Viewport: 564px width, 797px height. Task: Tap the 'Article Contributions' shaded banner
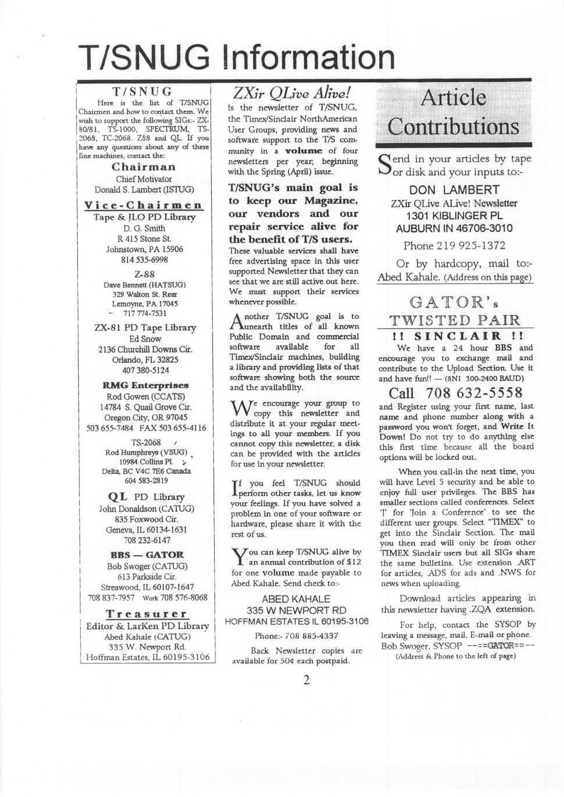(453, 112)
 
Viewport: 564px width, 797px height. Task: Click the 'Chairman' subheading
(143, 167)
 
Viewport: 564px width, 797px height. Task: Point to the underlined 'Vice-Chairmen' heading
(143, 205)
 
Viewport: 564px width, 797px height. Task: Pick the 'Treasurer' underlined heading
(146, 614)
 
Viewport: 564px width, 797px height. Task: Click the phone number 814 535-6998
(144, 259)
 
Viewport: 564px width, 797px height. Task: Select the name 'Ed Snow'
(145, 338)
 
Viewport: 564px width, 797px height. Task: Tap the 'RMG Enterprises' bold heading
(145, 385)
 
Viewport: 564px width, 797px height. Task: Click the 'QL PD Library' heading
(146, 497)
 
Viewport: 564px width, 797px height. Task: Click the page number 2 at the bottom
(306, 680)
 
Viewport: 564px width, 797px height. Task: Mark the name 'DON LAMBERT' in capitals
(454, 190)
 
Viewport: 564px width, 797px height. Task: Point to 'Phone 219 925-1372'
(454, 245)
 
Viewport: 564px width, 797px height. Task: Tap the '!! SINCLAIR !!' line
(454, 336)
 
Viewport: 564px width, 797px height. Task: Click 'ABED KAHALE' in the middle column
(296, 599)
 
